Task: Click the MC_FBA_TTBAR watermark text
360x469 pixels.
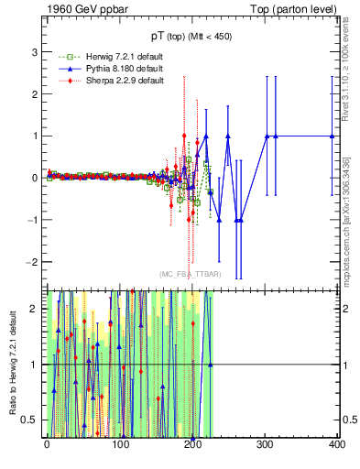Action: point(190,274)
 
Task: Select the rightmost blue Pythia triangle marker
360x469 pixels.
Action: point(333,136)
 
